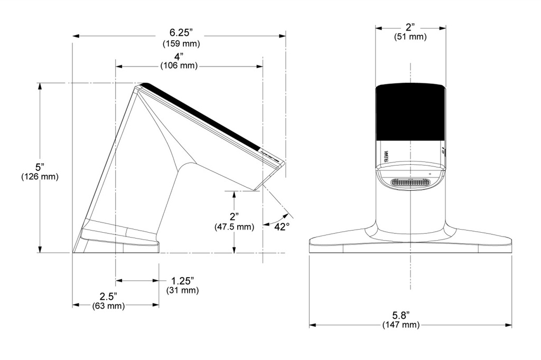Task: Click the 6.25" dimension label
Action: point(181,33)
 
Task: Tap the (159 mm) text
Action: point(181,44)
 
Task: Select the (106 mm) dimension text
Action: point(179,65)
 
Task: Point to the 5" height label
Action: point(40,167)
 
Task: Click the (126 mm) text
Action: point(40,176)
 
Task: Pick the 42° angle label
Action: point(282,227)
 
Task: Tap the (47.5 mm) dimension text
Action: point(234,227)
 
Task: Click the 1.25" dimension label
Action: point(182,281)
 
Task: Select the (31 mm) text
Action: point(182,290)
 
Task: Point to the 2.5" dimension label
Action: point(108,296)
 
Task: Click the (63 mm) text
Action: point(108,306)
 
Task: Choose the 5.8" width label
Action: point(401,315)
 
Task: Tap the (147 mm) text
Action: point(401,325)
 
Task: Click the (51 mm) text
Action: point(410,36)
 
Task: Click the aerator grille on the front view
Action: point(411,183)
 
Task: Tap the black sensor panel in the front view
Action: point(410,112)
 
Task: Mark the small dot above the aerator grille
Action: point(430,174)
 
